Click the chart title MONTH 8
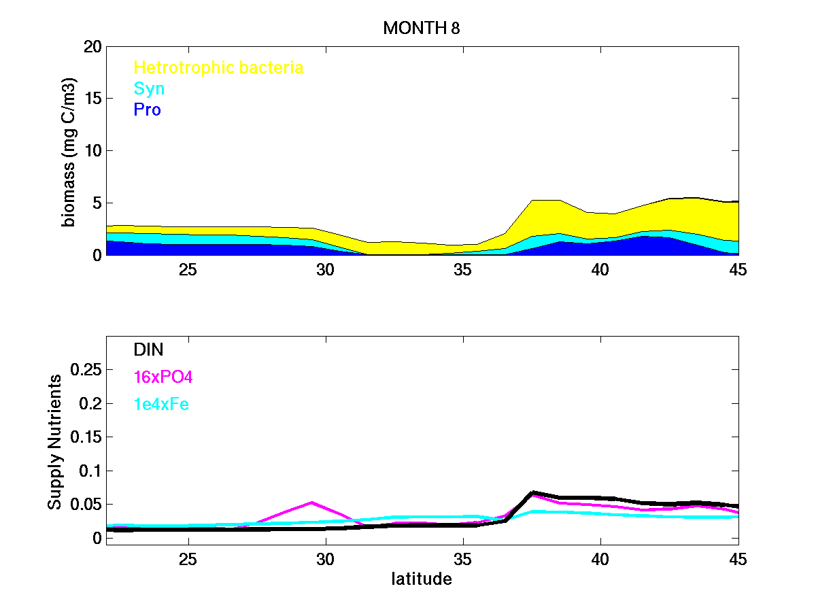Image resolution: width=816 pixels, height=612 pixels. coord(422,29)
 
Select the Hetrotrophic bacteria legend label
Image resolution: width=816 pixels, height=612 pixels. coord(218,67)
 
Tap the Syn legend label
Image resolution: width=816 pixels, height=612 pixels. coord(150,88)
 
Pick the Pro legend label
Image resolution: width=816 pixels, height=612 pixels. coord(148,109)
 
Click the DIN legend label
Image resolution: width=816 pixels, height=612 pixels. coord(148,350)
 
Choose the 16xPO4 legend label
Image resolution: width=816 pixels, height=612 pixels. coord(164,377)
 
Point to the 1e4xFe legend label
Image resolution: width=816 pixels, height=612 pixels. coord(161,405)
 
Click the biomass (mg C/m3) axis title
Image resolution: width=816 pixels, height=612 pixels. coord(70,151)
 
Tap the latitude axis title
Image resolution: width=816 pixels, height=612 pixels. coord(422,579)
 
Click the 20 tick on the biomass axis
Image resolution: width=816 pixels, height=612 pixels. coord(92,47)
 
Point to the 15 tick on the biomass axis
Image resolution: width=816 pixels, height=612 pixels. coord(92,99)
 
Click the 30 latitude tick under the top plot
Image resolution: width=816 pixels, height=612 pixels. coord(326,269)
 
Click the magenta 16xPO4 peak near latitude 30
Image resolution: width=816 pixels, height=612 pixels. coord(312,503)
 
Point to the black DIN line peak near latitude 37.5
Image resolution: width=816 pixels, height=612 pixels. coord(534,492)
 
